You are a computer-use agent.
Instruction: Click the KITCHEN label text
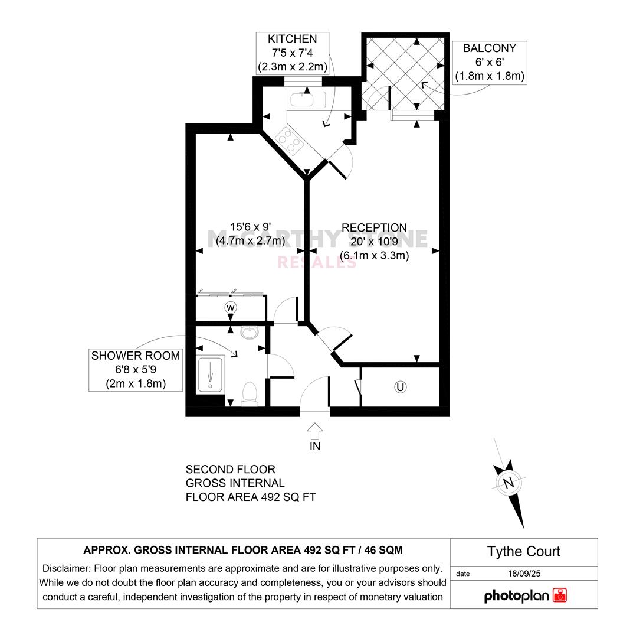point(293,39)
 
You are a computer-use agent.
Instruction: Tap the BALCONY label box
point(490,63)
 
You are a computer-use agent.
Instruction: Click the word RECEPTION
point(375,227)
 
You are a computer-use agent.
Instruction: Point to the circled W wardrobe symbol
point(231,307)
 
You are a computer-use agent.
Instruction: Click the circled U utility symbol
point(400,387)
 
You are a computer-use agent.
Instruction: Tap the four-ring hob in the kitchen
point(290,141)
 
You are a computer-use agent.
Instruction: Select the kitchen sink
point(307,100)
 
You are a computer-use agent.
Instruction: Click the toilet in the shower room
point(250,393)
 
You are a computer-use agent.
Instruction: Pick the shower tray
point(210,375)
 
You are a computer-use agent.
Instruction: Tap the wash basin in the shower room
point(250,332)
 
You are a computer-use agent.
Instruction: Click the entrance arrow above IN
point(315,431)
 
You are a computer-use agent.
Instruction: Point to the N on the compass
point(509,483)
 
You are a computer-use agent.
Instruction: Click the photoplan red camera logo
point(560,595)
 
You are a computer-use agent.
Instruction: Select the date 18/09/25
point(524,574)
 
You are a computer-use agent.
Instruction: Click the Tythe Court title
point(524,551)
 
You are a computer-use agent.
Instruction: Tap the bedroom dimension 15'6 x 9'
point(251,227)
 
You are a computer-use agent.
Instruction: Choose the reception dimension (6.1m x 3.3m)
point(375,255)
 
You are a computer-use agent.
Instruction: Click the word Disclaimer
point(66,569)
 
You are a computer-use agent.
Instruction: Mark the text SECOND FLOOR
point(231,469)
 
